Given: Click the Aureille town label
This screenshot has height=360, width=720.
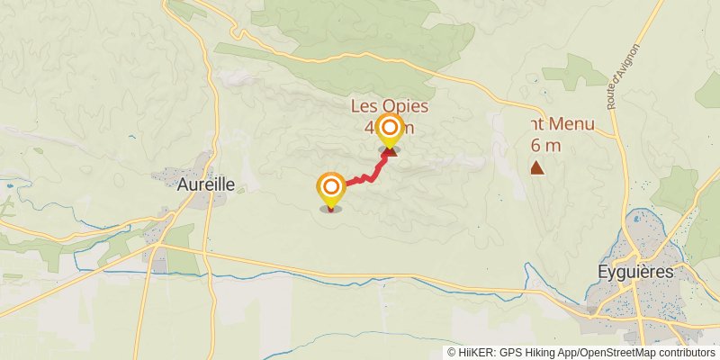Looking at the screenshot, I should [x=205, y=184].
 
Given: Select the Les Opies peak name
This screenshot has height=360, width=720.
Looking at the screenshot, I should [x=389, y=107].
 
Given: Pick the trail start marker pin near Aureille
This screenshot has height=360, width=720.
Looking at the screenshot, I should [x=331, y=190].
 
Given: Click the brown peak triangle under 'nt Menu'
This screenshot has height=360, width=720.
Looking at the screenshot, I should [x=537, y=167].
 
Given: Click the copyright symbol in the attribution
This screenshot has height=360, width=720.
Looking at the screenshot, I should [x=452, y=353].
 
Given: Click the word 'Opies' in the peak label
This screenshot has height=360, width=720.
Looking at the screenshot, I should [x=407, y=107].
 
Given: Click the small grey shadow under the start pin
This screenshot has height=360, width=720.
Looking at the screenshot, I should [x=331, y=210].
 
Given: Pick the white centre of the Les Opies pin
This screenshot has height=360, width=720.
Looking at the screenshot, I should [x=390, y=128].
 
